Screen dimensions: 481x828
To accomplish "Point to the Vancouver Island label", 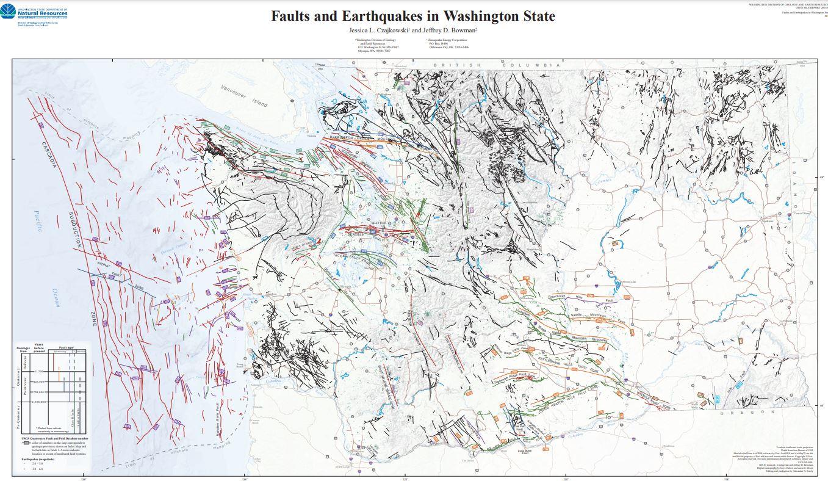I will pos(244,96).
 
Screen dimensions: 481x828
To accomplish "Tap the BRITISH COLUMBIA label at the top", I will pos(497,65).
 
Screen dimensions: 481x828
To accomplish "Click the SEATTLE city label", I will pos(378,223).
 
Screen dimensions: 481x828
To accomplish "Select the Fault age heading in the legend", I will pos(65,347).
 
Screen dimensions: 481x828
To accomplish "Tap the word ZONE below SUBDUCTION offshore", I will pos(94,317).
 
